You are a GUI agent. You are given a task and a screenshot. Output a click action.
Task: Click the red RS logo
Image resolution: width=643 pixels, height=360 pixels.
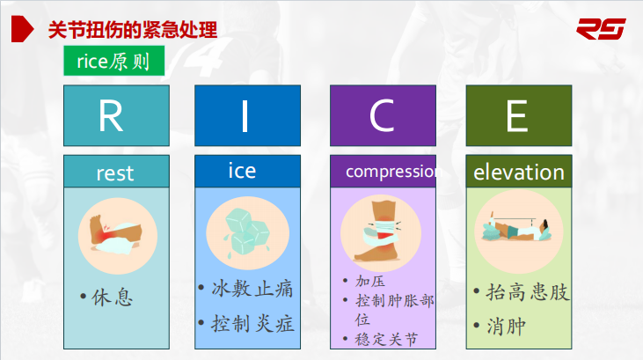point(601,29)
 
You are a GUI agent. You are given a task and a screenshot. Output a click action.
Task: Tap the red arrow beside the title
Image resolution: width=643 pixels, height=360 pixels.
point(22,29)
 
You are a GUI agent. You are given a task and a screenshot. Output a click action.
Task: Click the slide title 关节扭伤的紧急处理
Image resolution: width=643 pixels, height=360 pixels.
point(133,30)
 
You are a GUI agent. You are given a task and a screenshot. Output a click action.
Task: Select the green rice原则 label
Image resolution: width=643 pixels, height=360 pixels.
point(114,61)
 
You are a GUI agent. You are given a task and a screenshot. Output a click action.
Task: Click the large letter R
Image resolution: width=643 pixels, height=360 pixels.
point(111,116)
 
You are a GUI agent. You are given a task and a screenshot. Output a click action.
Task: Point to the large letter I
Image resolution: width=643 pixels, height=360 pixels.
point(245,116)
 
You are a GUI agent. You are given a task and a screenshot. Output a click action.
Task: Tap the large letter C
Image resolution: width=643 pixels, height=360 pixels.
point(382,116)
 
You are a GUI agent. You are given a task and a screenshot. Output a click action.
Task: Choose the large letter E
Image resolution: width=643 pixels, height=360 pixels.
point(516,116)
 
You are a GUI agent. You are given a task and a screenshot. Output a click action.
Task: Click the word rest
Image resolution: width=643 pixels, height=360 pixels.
point(115,173)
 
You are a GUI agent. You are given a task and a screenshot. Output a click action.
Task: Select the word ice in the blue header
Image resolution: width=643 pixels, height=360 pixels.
point(242,170)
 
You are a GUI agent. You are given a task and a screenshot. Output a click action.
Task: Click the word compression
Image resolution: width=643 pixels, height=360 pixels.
point(391,172)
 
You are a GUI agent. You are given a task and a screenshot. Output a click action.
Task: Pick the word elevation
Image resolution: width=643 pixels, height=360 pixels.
point(519,173)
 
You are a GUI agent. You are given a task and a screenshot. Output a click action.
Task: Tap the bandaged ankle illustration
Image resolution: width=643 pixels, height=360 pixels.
point(381,231)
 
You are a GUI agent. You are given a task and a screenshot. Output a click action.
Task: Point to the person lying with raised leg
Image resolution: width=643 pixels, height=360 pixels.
point(516,229)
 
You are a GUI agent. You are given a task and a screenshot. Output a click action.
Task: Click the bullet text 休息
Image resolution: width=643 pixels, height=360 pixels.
point(112,297)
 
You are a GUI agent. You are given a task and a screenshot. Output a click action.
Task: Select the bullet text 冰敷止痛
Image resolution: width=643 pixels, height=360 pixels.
point(252,289)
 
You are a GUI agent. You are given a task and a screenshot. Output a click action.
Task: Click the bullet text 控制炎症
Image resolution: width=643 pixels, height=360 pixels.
point(252,323)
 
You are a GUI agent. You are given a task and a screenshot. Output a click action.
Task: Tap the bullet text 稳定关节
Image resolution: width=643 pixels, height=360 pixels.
point(386,340)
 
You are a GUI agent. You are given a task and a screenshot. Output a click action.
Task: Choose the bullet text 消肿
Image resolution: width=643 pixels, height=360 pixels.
point(506,327)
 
